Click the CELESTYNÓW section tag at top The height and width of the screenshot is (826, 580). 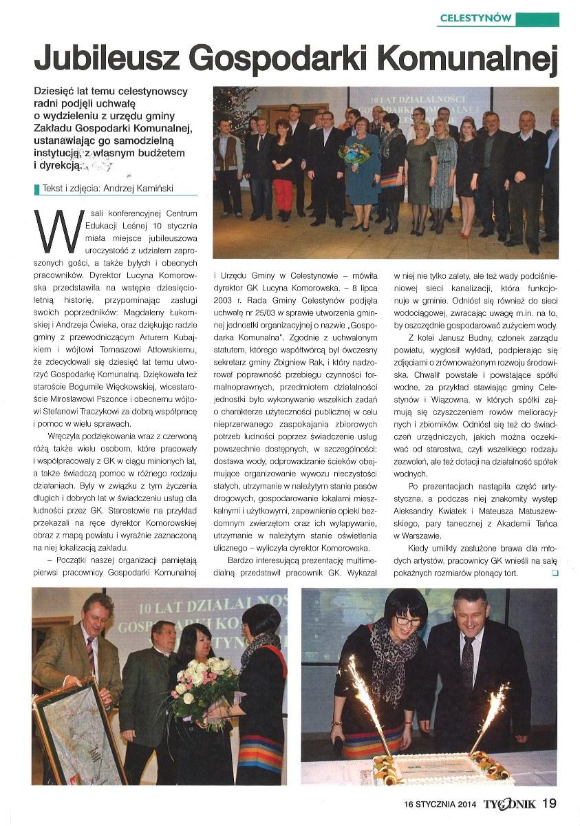pyautogui.click(x=475, y=19)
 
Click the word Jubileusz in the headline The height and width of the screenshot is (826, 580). pyautogui.click(x=105, y=60)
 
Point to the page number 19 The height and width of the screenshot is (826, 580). pyautogui.click(x=549, y=803)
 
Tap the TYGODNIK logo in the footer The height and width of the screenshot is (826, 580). pyautogui.click(x=509, y=803)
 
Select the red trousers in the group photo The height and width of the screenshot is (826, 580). pyautogui.click(x=283, y=195)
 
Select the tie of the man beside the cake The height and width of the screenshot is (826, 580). pyautogui.click(x=468, y=661)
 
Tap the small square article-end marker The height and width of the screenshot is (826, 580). pyautogui.click(x=555, y=572)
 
